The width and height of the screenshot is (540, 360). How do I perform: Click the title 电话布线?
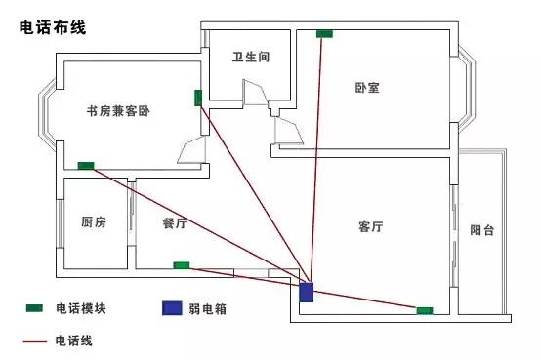click(x=53, y=29)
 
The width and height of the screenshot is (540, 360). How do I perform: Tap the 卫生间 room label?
click(x=250, y=58)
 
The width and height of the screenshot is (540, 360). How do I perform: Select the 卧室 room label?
click(x=367, y=88)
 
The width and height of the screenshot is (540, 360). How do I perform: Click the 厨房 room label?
click(x=94, y=222)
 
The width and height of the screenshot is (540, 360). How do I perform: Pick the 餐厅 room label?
click(x=175, y=222)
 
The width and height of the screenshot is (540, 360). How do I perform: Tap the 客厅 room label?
click(x=370, y=227)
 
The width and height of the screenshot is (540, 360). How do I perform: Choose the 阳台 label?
click(x=481, y=231)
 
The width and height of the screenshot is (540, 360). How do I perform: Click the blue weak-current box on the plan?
click(x=307, y=293)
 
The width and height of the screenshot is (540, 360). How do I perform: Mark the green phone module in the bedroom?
click(x=324, y=34)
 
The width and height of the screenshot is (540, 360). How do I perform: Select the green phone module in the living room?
click(x=425, y=310)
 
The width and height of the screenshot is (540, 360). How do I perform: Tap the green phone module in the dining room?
click(x=182, y=264)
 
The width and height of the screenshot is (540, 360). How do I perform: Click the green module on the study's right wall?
click(x=198, y=98)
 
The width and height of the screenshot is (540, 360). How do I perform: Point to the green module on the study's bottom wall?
click(x=86, y=166)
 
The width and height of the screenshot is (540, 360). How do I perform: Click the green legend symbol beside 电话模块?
click(x=34, y=308)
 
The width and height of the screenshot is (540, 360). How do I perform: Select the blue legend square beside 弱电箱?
click(x=173, y=308)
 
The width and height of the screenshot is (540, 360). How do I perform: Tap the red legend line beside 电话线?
click(x=34, y=341)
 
